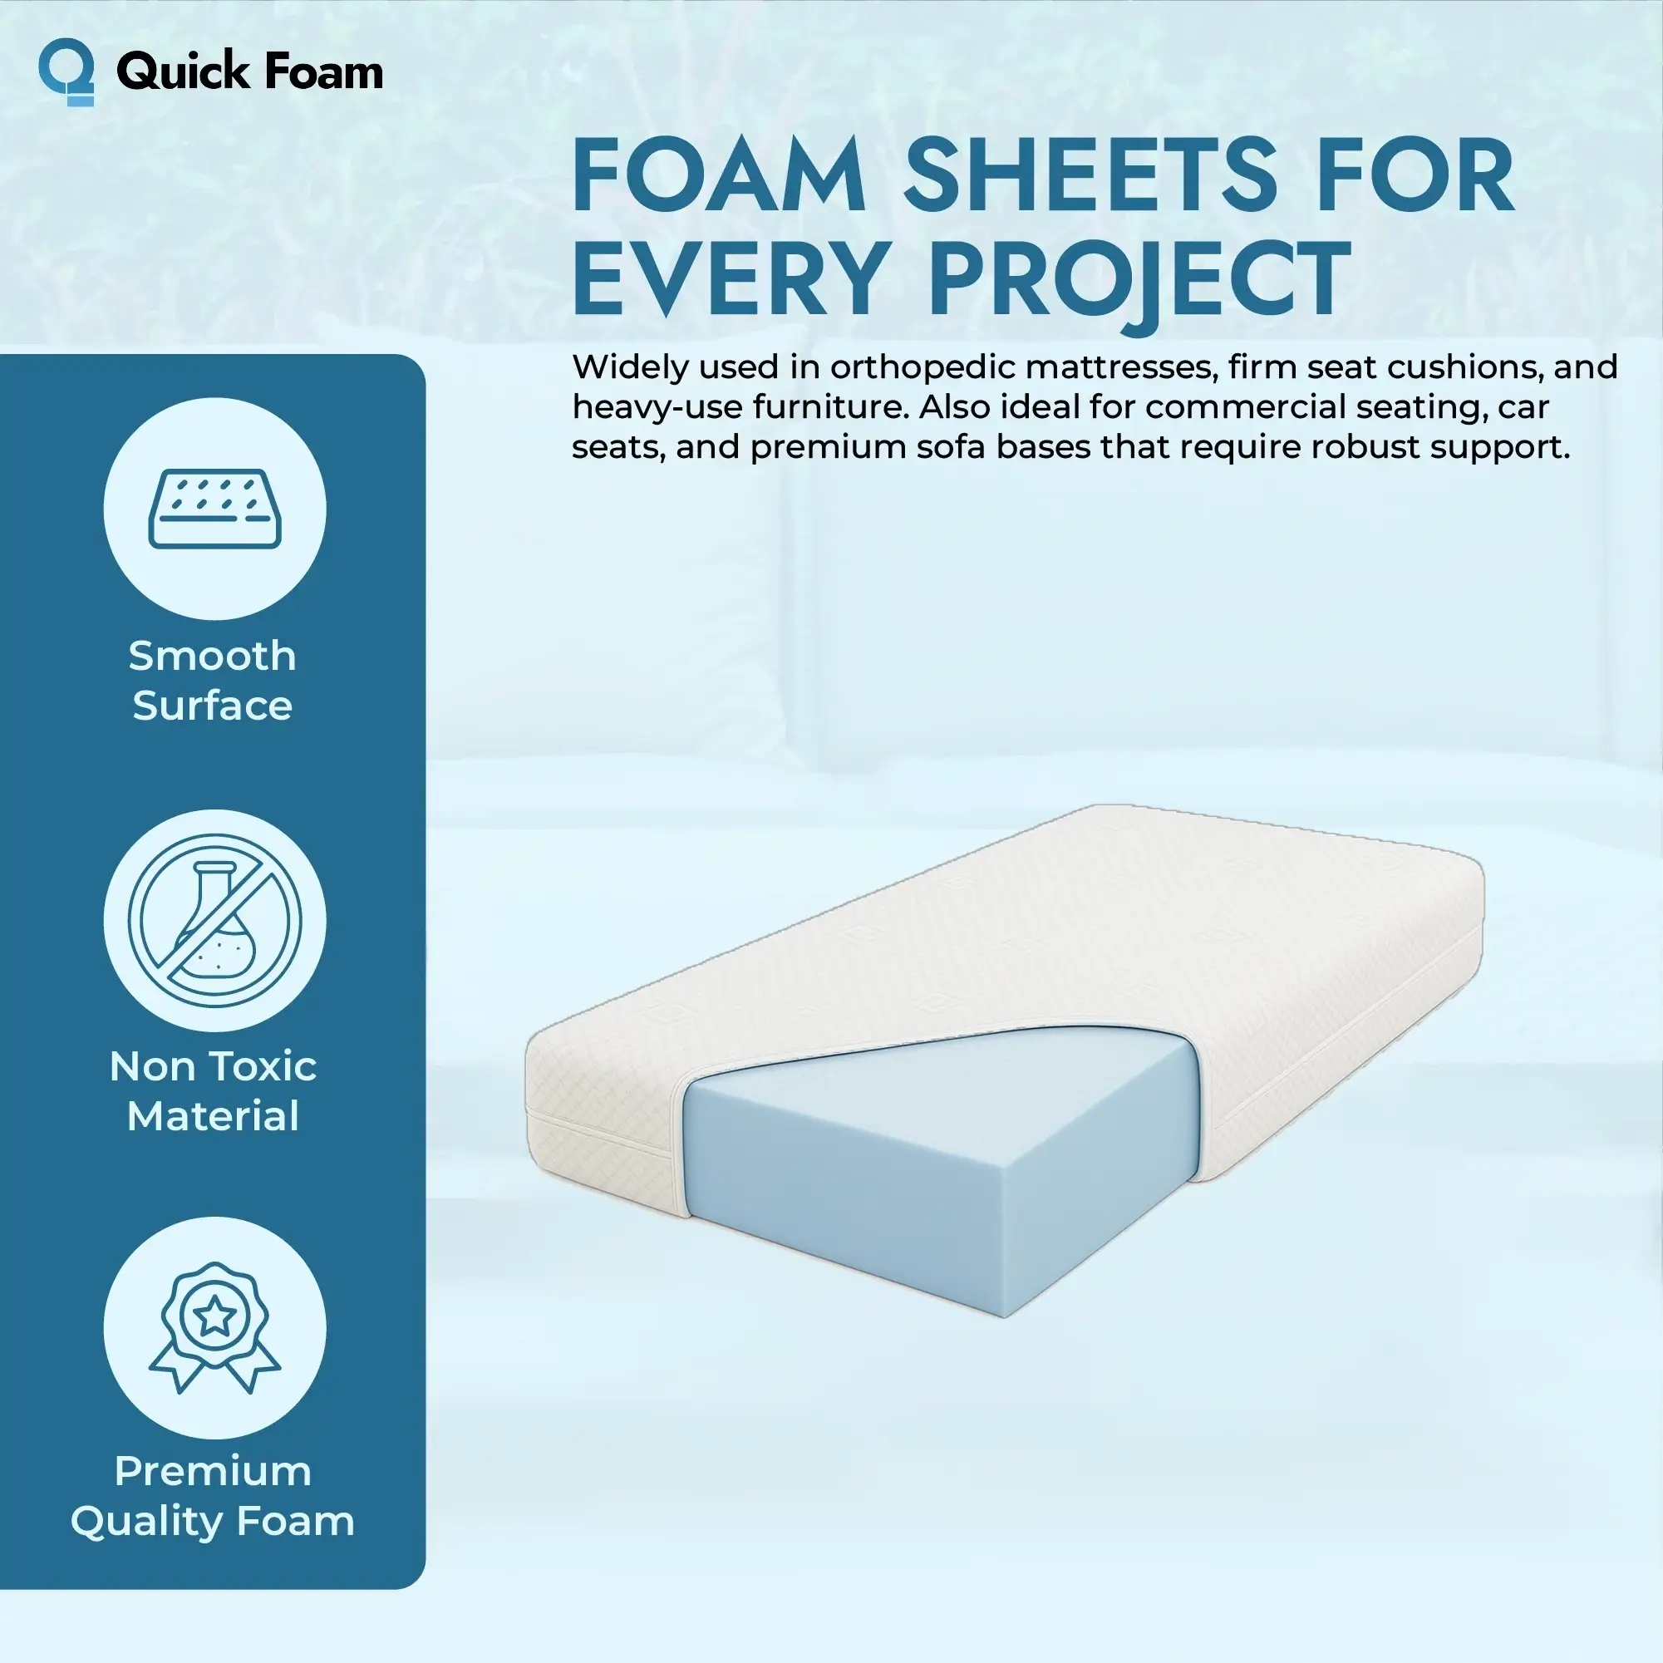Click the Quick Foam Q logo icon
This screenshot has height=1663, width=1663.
pyautogui.click(x=66, y=72)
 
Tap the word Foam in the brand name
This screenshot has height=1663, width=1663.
pyautogui.click(x=322, y=71)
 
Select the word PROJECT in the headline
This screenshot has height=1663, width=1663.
pyautogui.click(x=1139, y=279)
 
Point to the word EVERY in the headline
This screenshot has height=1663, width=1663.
pyautogui.click(x=727, y=279)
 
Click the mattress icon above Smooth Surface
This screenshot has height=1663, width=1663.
pyautogui.click(x=215, y=509)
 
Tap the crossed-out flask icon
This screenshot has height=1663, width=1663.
pyautogui.click(x=215, y=920)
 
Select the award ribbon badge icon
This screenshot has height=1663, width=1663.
pyautogui.click(x=215, y=1327)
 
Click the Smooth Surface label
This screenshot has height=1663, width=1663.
pyautogui.click(x=213, y=681)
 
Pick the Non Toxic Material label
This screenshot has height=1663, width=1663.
pyautogui.click(x=214, y=1091)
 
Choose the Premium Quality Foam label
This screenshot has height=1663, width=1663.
pyautogui.click(x=213, y=1497)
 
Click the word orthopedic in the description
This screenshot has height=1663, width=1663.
pyautogui.click(x=922, y=368)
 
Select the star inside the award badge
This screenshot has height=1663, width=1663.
pyautogui.click(x=214, y=1316)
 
